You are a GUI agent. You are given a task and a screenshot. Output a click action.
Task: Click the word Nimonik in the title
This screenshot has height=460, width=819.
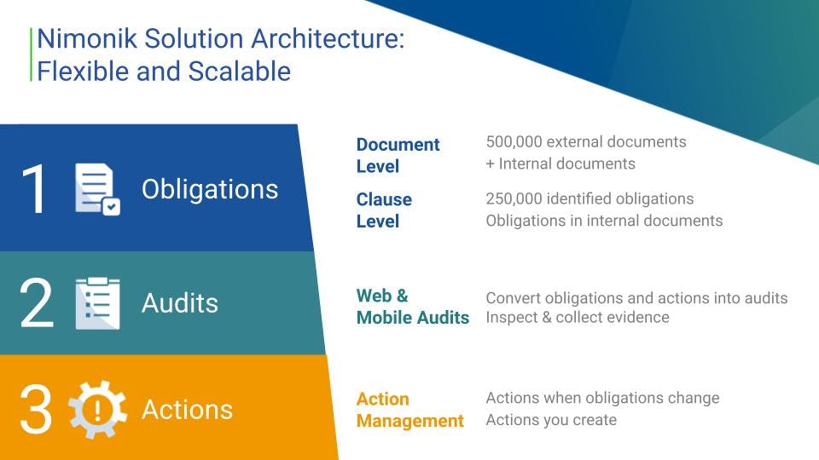point(87,38)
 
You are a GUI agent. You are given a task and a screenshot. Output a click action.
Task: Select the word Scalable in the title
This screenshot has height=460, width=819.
point(239,71)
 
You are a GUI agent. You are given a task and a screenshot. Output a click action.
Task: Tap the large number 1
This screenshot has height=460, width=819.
point(34,189)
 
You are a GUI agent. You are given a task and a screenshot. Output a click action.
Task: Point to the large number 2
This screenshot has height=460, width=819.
point(37,302)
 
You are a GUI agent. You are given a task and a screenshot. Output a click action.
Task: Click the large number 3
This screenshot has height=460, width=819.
point(36,410)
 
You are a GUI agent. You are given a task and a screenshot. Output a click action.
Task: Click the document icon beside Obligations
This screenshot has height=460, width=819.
point(97,189)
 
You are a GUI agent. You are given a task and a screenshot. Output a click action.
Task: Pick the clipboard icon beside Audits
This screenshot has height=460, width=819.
point(97,303)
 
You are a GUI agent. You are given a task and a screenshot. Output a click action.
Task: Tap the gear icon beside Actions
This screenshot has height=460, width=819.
point(97,410)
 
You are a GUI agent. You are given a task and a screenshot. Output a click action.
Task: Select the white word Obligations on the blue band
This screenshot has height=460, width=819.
point(210,189)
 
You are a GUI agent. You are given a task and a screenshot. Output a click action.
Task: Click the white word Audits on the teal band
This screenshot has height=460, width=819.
point(180,303)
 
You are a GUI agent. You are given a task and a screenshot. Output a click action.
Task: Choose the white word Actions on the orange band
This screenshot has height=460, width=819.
point(187,410)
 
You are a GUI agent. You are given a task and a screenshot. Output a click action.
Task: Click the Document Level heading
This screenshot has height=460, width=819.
point(398,155)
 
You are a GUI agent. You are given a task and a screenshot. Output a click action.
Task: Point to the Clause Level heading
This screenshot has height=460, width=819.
point(384,210)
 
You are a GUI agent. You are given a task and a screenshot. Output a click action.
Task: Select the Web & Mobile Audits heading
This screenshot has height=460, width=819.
point(413,307)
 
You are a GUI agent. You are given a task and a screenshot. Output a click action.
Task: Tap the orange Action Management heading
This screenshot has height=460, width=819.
point(410,410)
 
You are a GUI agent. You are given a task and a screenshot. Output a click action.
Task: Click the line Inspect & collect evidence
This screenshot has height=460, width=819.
point(578,317)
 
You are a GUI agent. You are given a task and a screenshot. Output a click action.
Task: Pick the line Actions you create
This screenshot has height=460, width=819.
point(551,420)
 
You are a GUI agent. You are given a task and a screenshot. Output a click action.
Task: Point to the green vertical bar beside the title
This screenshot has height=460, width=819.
point(32,55)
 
